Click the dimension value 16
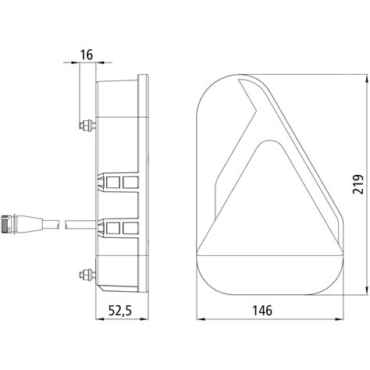(x=87, y=55)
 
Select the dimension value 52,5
(x=119, y=311)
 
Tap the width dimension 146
(x=262, y=311)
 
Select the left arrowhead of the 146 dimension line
(x=195, y=319)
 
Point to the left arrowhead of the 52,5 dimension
(x=96, y=319)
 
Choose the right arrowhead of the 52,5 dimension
(x=146, y=319)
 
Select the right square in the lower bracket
(x=126, y=229)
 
